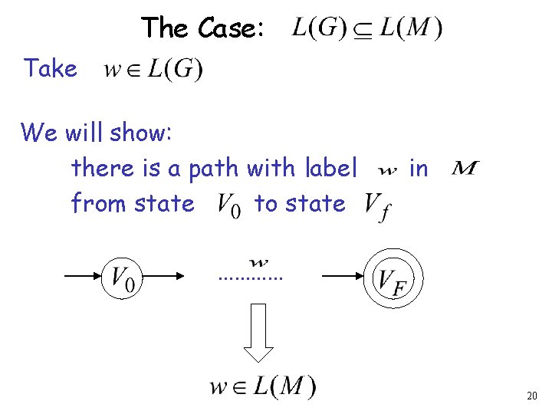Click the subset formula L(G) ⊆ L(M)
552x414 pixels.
tap(366, 29)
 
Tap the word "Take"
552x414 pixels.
tap(51, 69)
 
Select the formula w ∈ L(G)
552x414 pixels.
tap(153, 71)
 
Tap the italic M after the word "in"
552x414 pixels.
tap(465, 167)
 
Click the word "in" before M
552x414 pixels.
tap(418, 167)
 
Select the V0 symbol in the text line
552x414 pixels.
tap(229, 204)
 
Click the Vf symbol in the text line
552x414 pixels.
tap(375, 205)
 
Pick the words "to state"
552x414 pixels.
tap(300, 204)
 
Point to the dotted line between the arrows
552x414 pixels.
tap(251, 277)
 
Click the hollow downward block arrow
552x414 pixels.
tap(258, 332)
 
